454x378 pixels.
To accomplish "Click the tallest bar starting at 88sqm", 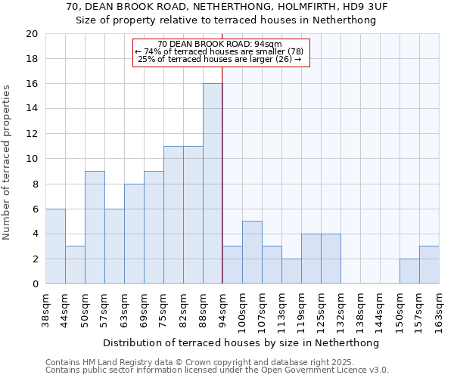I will [x=213, y=184].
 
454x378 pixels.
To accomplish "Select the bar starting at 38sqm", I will [x=55, y=246].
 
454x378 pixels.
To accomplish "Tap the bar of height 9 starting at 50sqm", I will [x=95, y=228].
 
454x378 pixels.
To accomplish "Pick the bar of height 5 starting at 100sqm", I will [x=252, y=253].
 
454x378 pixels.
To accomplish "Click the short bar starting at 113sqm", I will [x=291, y=271].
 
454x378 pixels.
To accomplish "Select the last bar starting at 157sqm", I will [x=429, y=265].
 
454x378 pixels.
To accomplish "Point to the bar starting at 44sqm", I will [x=75, y=265].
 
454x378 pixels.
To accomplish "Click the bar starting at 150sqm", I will [x=409, y=271].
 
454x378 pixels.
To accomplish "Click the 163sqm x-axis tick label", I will [x=439, y=311].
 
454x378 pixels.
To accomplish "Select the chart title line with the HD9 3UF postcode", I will [x=226, y=7].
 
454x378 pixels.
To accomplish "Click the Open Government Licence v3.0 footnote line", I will [x=216, y=370].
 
